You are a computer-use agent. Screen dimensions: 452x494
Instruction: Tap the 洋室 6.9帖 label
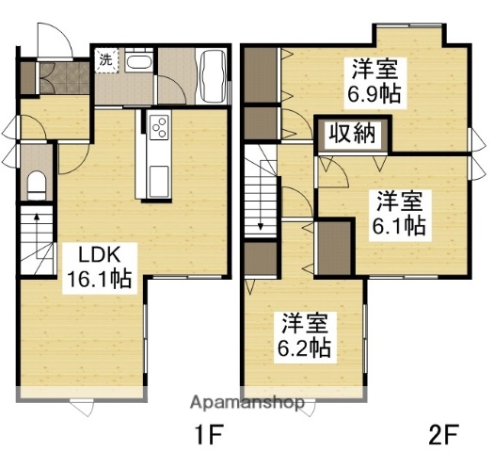click(374, 80)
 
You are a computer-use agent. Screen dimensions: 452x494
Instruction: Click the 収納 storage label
click(353, 134)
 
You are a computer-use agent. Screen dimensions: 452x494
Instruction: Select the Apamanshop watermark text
click(247, 403)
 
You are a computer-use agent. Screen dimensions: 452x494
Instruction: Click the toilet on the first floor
click(37, 182)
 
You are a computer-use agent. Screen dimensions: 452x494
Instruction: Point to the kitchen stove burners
click(156, 125)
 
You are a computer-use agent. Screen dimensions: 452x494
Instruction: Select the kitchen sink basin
click(156, 176)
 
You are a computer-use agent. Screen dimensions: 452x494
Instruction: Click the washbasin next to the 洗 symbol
click(138, 64)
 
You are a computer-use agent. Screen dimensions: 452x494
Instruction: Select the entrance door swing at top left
click(52, 41)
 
